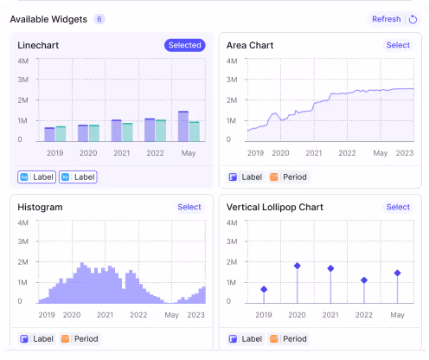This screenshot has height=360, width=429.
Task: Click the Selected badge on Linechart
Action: pos(184,45)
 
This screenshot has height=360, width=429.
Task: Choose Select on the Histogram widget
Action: pos(189,207)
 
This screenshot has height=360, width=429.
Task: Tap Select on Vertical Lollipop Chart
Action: pos(398,207)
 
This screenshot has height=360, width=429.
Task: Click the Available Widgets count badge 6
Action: pos(99,19)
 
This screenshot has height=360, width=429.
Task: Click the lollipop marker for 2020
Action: pos(297,266)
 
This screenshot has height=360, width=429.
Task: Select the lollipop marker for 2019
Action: pos(264,289)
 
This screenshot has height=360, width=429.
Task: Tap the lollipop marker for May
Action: pos(397,273)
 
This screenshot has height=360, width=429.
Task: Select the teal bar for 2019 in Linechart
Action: pos(61,133)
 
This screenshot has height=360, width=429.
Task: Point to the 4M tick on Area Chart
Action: pos(231,61)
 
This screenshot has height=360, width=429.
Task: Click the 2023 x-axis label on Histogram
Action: pos(196,314)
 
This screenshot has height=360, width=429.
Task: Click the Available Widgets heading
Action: pos(48,19)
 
